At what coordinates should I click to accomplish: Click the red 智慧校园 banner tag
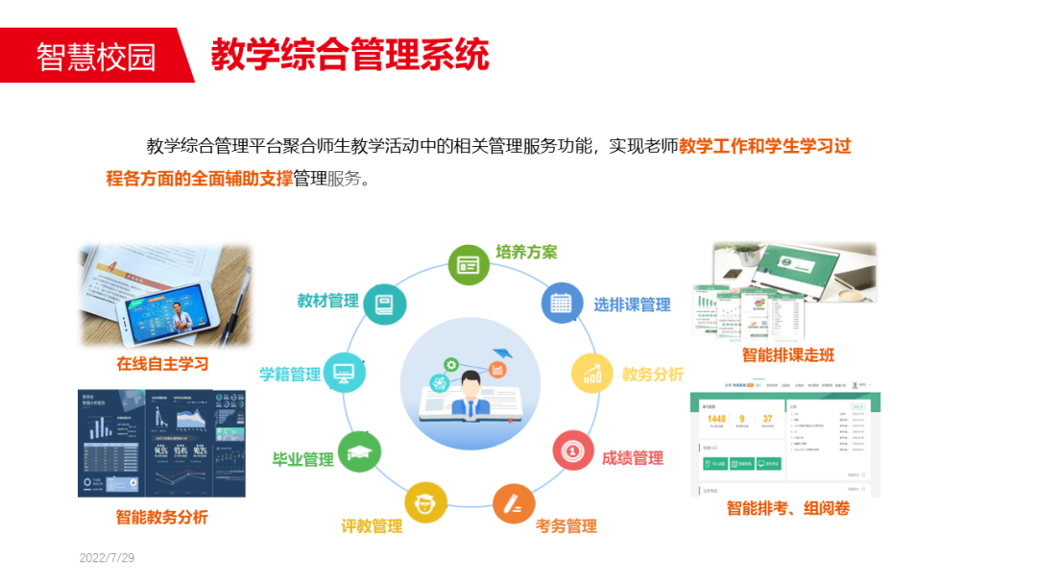pos(96,56)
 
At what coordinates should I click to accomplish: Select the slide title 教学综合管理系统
pos(350,55)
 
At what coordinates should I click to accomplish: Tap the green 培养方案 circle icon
pos(469,264)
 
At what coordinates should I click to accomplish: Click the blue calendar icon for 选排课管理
pos(561,304)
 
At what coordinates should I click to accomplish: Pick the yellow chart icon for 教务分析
pos(592,374)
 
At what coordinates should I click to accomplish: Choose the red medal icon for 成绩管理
pos(573,450)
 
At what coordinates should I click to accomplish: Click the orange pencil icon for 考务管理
pos(515,502)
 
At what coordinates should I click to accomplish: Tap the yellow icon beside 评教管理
pos(425,502)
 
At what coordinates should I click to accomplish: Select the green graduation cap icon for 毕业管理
pos(360,451)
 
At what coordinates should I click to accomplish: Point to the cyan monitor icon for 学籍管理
pos(344,373)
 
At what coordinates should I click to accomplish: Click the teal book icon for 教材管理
pos(385,304)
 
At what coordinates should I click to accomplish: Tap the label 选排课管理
pos(632,305)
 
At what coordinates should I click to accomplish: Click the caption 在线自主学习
pos(162,364)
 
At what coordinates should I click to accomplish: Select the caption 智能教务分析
pos(161,517)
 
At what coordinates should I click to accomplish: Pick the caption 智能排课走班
pos(788,354)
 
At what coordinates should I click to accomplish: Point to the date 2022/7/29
pos(107,558)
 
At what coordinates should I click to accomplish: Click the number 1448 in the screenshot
pos(716,419)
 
